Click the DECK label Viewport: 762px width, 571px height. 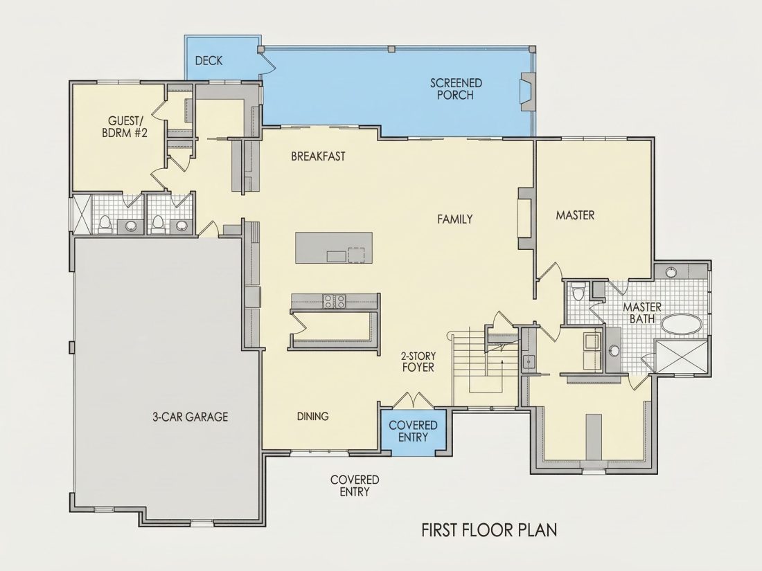coord(209,61)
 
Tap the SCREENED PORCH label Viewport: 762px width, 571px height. coord(456,89)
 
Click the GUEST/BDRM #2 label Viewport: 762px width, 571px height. coord(125,127)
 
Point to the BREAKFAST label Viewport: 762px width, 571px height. coord(319,156)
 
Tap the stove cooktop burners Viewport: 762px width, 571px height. coord(335,301)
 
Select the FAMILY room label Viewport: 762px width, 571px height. coord(455,219)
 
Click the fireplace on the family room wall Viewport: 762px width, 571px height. coord(526,219)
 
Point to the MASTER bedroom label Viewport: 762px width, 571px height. coord(576,215)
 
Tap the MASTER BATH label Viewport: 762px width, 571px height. coord(642,313)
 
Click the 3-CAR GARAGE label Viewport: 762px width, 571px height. coord(190,417)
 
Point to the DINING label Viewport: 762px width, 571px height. coord(313,416)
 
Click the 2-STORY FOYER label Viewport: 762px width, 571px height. coord(418,362)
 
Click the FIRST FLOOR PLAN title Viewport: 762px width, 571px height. coord(489,529)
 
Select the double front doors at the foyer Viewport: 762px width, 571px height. coord(413,399)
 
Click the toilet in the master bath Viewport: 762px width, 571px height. coord(578,293)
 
